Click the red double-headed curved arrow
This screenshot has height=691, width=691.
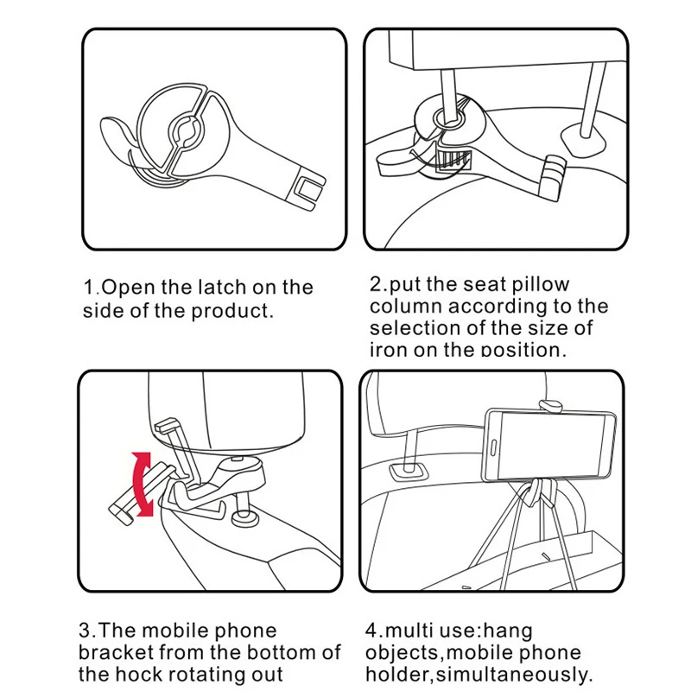coord(143,484)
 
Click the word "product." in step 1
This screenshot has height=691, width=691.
coord(232,311)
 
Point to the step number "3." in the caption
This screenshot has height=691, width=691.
coord(87,631)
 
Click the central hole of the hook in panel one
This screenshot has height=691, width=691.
coord(186,130)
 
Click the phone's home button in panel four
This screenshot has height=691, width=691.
coord(493,447)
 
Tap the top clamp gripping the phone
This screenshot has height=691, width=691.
coord(551,405)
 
